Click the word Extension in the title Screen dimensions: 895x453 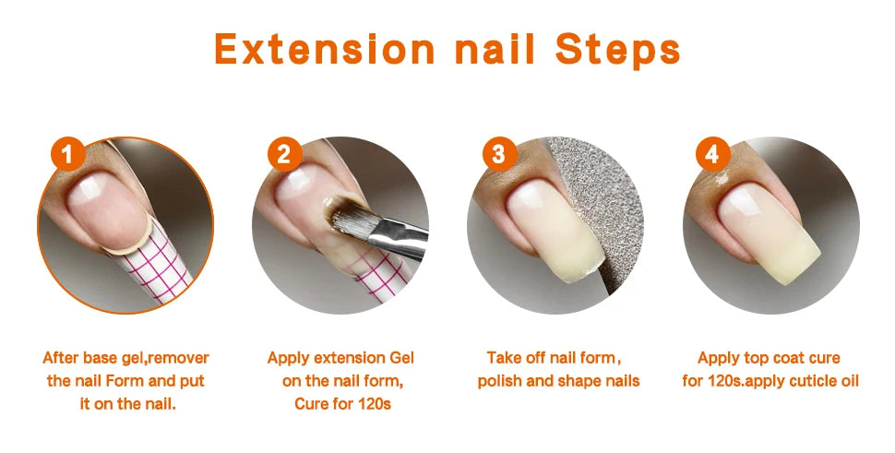(x=324, y=49)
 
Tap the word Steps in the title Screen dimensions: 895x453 (x=617, y=50)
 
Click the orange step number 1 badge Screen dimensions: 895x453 (x=68, y=153)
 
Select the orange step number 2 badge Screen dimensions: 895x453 (x=284, y=153)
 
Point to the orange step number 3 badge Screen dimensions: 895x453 (x=499, y=153)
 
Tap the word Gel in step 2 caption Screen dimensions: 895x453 (x=402, y=358)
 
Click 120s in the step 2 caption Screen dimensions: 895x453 (x=375, y=404)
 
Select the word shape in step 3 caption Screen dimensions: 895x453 (x=578, y=381)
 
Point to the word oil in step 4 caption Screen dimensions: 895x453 (x=848, y=381)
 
